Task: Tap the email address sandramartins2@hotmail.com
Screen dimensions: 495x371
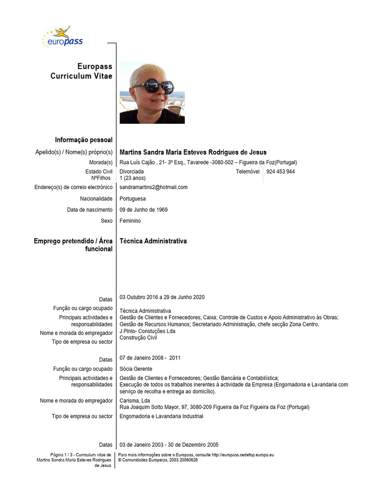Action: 153,187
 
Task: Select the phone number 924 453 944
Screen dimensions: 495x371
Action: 281,172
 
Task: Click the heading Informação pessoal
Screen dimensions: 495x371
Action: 84,140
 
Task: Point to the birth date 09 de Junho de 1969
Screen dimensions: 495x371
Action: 143,210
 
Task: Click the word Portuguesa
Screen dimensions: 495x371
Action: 132,199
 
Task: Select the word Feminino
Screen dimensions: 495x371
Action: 130,221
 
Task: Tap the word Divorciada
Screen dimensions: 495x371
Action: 131,172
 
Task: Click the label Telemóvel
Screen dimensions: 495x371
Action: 247,172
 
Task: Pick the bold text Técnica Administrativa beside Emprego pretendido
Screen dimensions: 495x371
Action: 153,241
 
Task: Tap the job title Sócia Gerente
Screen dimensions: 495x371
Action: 136,369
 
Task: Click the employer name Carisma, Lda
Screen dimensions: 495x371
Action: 134,401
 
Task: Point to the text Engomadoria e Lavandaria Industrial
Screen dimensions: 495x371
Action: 161,416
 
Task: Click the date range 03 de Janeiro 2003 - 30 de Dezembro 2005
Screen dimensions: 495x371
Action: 169,445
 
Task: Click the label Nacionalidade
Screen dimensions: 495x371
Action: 96,199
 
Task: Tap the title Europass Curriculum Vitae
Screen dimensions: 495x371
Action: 81,72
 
